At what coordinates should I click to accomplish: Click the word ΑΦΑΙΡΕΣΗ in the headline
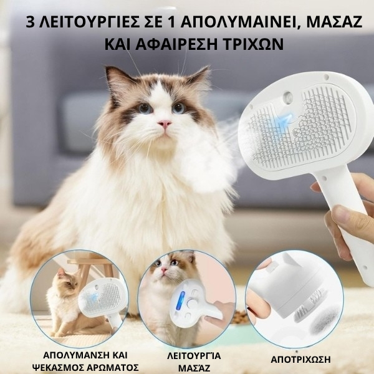pos(176,44)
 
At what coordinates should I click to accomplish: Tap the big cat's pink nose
pos(165,123)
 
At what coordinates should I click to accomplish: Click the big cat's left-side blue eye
pos(145,108)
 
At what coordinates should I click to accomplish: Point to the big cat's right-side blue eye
pos(179,108)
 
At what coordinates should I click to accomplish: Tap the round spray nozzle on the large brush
pos(287,97)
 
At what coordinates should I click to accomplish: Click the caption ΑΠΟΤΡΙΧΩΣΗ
pos(300,359)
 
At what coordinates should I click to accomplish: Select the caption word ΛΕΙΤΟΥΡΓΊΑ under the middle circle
pos(194,356)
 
